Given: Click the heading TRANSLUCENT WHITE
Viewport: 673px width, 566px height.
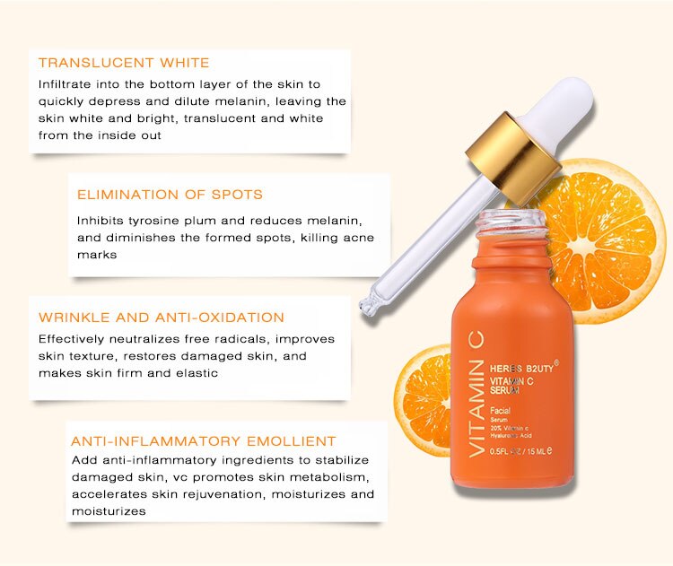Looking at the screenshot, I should coord(124,64).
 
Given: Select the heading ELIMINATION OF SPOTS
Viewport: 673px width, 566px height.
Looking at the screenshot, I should coord(170,195).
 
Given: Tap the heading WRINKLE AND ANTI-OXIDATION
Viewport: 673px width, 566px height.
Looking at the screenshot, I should coord(162,318).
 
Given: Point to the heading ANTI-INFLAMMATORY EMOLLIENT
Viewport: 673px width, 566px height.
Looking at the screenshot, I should coord(204,441).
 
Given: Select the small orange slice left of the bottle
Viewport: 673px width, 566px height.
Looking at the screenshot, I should coord(422,395).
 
